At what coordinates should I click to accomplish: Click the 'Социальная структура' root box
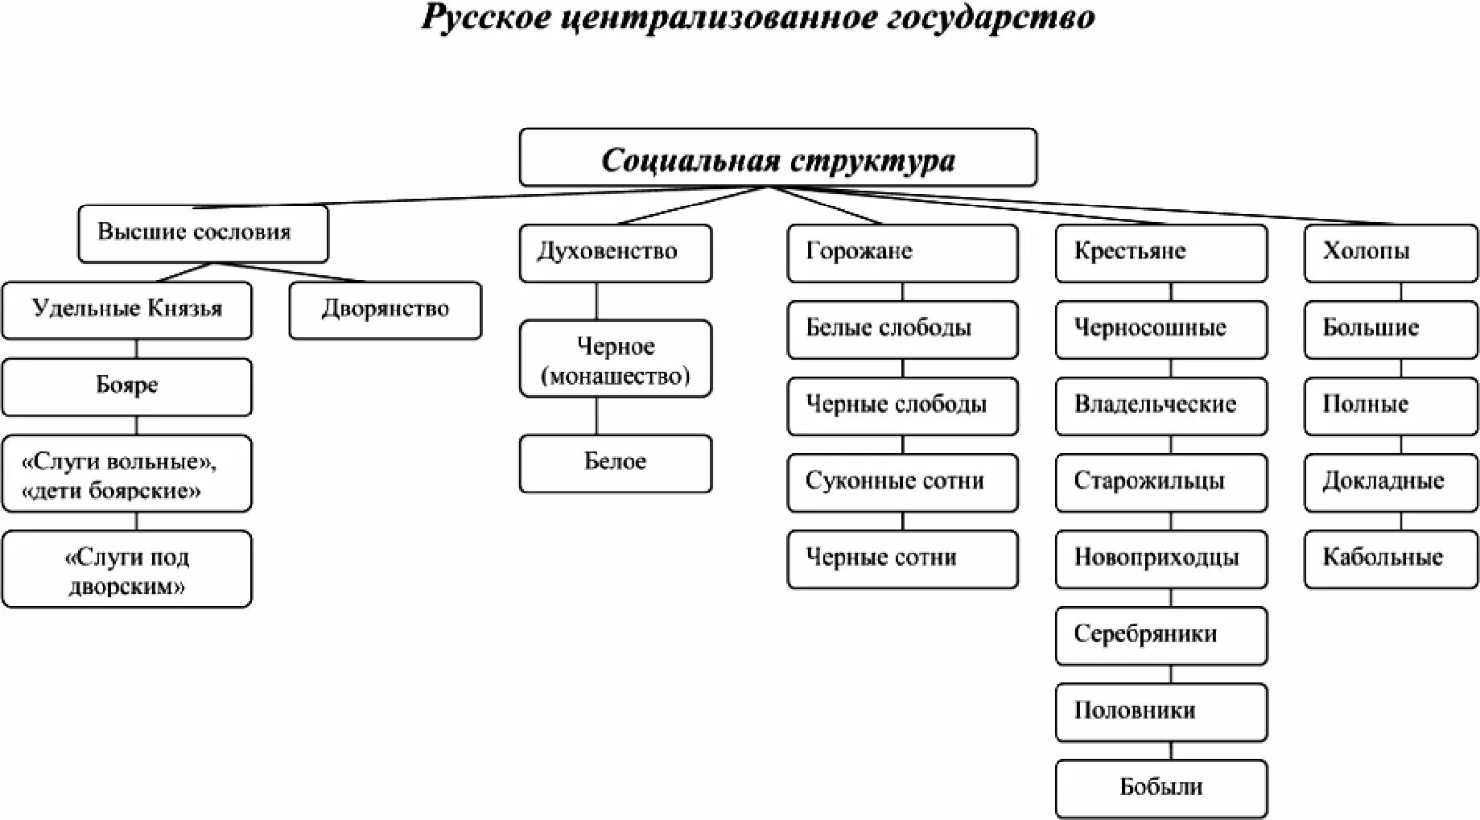[x=777, y=158]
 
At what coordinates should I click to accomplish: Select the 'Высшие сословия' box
[x=203, y=233]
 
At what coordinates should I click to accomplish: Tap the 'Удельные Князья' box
[x=126, y=310]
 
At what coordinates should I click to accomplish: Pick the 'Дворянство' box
[x=385, y=310]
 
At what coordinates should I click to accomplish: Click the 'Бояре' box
[x=126, y=386]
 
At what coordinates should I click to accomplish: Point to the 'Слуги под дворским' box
[x=126, y=569]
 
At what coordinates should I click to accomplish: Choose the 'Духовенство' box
[x=615, y=253]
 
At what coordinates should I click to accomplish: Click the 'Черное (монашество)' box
[x=615, y=359]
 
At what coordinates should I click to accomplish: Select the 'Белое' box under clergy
[x=615, y=463]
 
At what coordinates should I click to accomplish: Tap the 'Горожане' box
[x=901, y=253]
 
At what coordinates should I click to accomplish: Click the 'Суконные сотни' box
[x=901, y=482]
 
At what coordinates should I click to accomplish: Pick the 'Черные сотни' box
[x=901, y=558]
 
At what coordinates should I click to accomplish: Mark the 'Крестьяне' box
[x=1161, y=253]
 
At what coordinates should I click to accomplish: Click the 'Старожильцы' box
[x=1161, y=482]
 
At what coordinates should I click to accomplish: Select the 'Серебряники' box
[x=1161, y=635]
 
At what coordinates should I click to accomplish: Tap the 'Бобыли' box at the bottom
[x=1161, y=788]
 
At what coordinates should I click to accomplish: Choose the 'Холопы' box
[x=1390, y=253]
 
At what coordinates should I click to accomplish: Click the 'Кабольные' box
[x=1390, y=558]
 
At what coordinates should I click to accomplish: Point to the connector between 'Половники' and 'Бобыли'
[x=1171, y=751]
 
